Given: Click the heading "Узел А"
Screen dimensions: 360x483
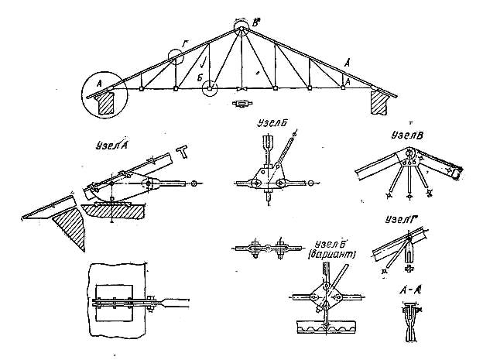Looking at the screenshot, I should point(114,144).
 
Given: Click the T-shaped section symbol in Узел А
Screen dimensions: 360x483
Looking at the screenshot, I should point(183,151).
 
